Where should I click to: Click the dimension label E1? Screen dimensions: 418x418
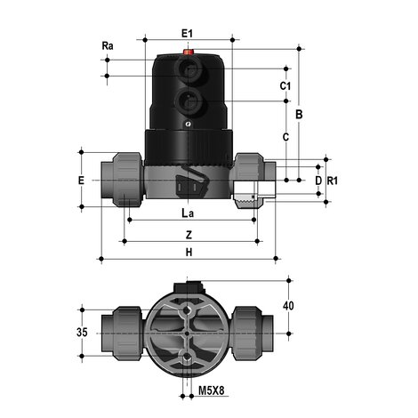pos(187,33)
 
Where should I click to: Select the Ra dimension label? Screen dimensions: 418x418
pos(108,44)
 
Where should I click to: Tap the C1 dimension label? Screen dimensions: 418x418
pos(285,86)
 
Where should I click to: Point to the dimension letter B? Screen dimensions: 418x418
pos(300,115)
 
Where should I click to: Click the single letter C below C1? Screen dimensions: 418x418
pos(285,138)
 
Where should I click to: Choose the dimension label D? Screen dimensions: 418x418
pos(318,181)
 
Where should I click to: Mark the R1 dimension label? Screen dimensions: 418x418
pos(333,181)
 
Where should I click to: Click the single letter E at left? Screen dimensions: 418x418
pos(82,181)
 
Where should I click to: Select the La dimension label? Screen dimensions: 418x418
pos(187,214)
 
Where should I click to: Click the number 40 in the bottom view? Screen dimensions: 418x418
pos(287,305)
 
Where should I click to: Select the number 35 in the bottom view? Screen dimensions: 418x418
pos(84,335)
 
